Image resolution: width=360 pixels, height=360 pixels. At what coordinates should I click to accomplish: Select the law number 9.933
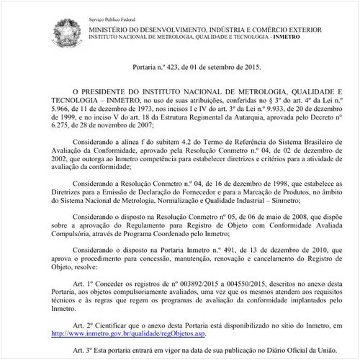[262, 112]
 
